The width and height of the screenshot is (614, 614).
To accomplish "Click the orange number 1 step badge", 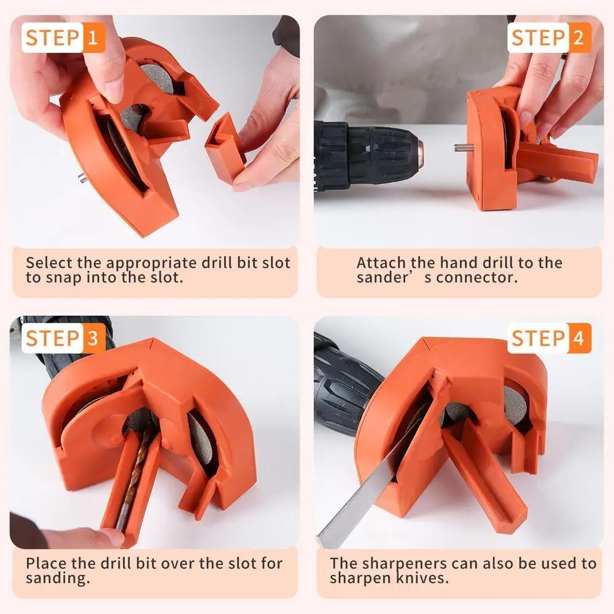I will coord(93,39).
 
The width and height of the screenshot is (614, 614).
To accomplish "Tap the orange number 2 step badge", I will coord(578,37).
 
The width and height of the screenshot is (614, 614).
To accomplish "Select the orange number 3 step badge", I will coord(93,338).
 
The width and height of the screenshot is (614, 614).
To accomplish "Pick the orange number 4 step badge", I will coord(578,338).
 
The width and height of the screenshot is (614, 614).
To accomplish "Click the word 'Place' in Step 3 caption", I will coord(46,563).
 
